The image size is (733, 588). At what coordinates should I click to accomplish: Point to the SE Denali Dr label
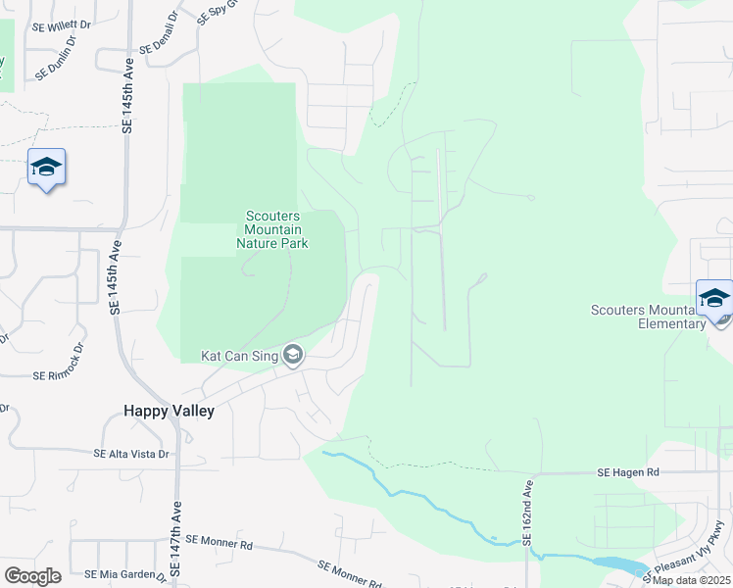pos(160,32)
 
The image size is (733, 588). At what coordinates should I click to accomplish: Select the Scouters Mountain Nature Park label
pos(275,229)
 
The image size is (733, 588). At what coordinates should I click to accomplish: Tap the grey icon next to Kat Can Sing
pos(292,356)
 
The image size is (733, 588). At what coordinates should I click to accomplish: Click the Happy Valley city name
pos(169,412)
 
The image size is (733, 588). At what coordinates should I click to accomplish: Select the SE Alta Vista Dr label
pos(131,454)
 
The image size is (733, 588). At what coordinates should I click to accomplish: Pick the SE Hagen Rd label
pos(628,472)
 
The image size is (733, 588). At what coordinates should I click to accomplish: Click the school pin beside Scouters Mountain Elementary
pos(713,298)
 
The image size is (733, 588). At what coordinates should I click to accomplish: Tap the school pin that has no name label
pos(46,168)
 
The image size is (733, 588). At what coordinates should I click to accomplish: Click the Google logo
pos(32,575)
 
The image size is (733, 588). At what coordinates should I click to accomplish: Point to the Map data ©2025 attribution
pos(690,580)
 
